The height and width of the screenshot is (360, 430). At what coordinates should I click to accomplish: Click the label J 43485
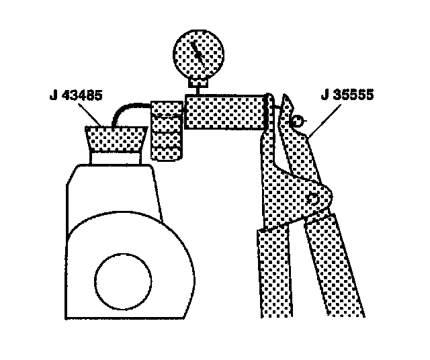(x=75, y=95)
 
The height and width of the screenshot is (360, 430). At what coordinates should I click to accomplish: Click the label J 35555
(x=347, y=95)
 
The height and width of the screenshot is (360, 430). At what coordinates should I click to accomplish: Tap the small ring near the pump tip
(x=296, y=121)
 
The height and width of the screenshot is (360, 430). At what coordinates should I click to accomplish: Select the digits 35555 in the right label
(x=353, y=95)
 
